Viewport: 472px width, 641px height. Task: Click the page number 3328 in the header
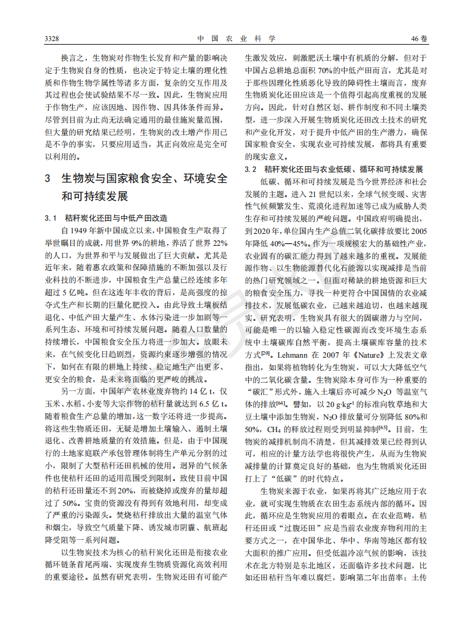pos(52,39)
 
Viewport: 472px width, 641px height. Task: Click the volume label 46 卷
pos(420,39)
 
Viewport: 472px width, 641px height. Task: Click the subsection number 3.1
pos(51,218)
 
